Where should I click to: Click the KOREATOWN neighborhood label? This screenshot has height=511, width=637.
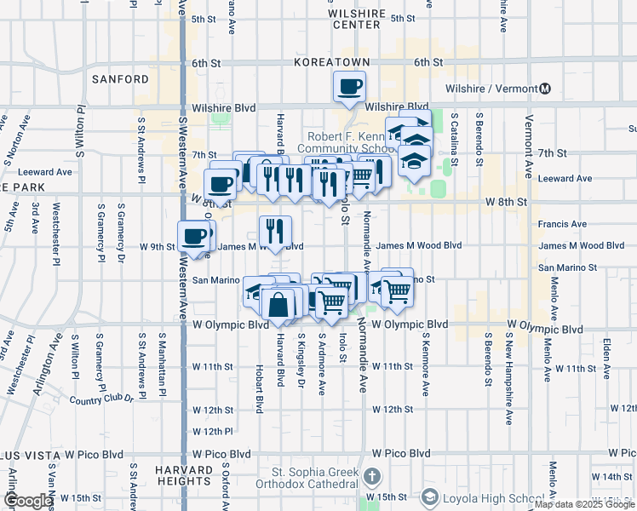pos(332,62)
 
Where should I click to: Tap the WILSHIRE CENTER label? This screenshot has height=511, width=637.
pos(356,19)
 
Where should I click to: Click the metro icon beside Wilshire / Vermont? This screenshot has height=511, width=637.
pos(545,89)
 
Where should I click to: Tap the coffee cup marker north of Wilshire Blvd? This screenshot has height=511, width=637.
pos(350,86)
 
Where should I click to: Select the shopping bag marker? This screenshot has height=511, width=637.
pos(278,303)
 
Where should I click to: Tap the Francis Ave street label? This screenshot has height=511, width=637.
pos(562,225)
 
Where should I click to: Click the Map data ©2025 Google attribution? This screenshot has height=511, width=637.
pos(584,504)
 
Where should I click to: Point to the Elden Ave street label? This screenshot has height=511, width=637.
pos(606,357)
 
